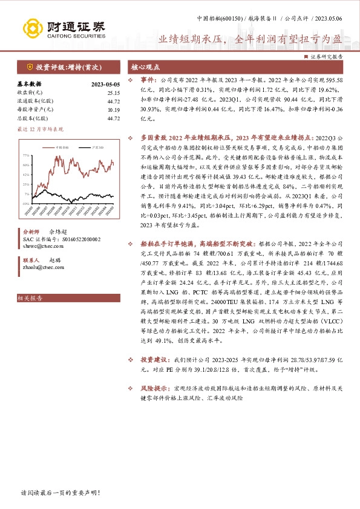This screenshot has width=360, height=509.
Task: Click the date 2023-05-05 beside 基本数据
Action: (x=105, y=84)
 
